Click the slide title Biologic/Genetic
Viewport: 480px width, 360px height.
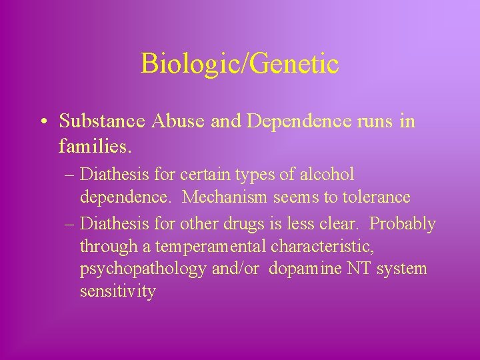click(239, 64)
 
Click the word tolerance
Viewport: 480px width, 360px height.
click(374, 197)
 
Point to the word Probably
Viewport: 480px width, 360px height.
click(402, 223)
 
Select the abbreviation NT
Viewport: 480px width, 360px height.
click(355, 269)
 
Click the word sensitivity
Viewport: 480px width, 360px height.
click(118, 291)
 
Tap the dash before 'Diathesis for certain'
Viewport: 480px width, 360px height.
click(70, 176)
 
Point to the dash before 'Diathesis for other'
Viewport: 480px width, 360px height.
click(70, 224)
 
